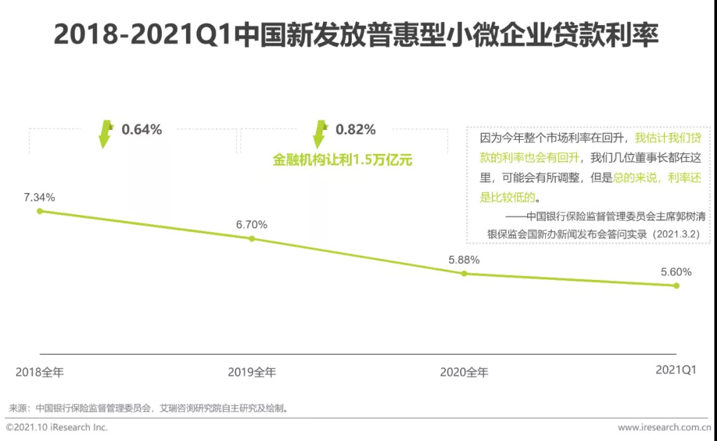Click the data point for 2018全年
tap(40, 211)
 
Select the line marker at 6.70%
tap(252, 238)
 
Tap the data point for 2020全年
tap(464, 273)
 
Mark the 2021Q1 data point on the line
tap(677, 286)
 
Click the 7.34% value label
tap(39, 197)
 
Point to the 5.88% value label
tap(463, 259)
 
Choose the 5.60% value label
tap(676, 272)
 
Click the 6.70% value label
tap(252, 224)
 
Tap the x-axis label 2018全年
tap(40, 372)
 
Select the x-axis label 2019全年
tap(252, 372)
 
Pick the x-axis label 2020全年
tap(464, 372)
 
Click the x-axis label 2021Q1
tap(676, 371)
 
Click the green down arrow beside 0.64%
tap(106, 133)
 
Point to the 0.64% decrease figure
tap(141, 129)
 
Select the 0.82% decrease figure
tap(355, 129)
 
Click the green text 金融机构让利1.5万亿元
tap(343, 160)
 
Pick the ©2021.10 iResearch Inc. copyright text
tap(57, 428)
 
